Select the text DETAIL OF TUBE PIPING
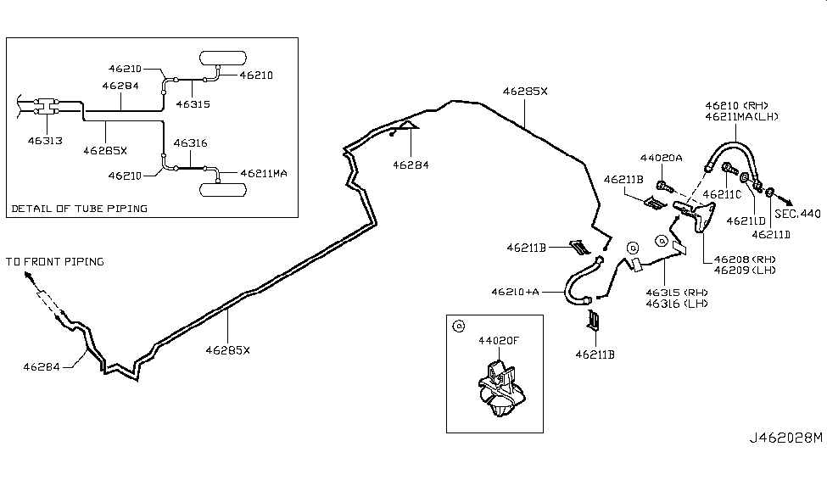tap(80, 208)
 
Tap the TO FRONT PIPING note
tap(55, 261)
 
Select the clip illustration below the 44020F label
tap(499, 388)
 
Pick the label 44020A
tap(661, 158)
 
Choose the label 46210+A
tap(515, 292)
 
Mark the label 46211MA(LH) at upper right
tap(741, 117)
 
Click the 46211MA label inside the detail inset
tap(264, 173)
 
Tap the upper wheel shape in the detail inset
tap(222, 59)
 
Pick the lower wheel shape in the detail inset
tap(222, 188)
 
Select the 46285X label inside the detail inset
tap(105, 151)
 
